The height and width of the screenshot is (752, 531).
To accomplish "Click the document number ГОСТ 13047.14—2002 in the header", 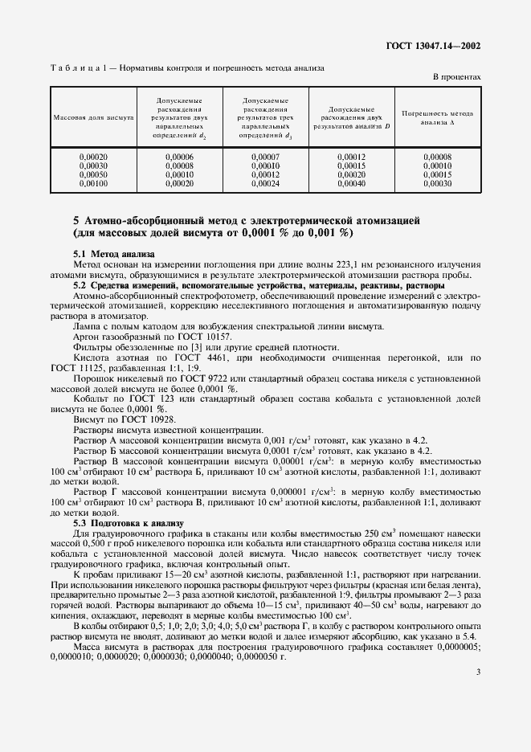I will click(x=439, y=46).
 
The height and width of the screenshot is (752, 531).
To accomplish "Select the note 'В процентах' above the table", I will click(x=457, y=77).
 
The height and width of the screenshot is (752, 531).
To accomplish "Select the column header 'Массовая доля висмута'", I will click(x=93, y=117).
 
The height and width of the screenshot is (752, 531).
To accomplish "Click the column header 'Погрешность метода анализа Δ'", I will click(x=438, y=118).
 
